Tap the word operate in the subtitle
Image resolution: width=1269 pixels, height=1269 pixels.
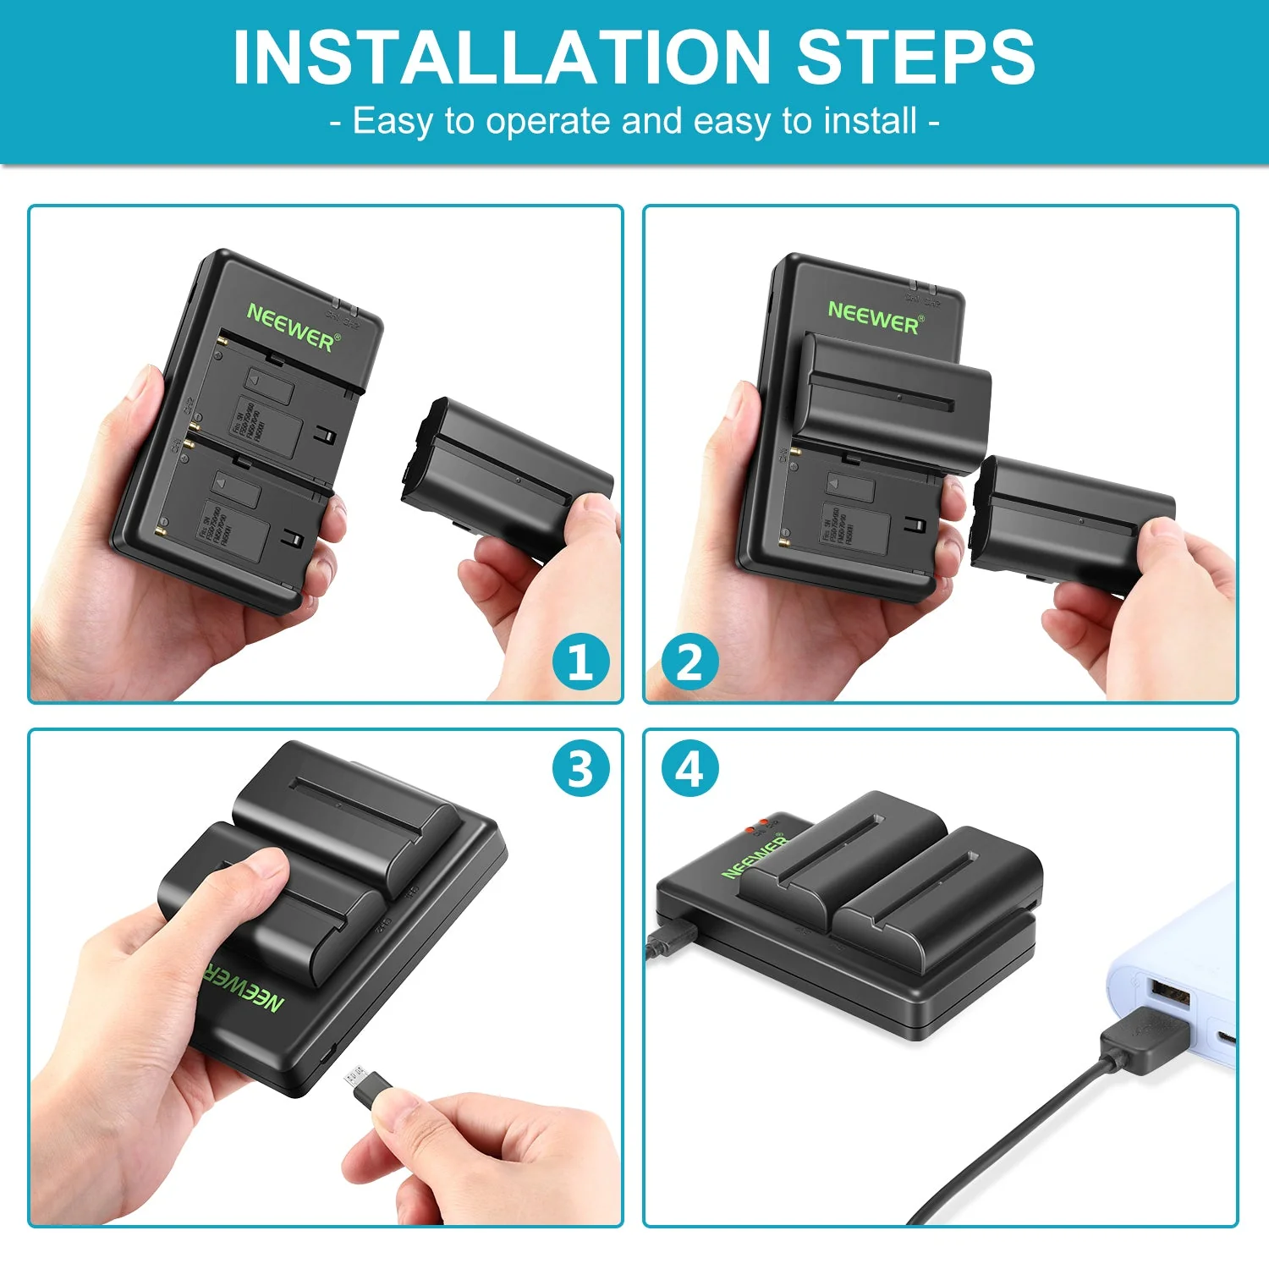coord(548,122)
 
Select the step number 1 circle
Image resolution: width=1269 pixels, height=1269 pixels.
coord(581,662)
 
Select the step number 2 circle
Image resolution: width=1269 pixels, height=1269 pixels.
coord(689,662)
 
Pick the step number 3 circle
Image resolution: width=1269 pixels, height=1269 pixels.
coord(581,769)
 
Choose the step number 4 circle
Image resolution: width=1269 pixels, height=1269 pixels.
coord(689,769)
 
